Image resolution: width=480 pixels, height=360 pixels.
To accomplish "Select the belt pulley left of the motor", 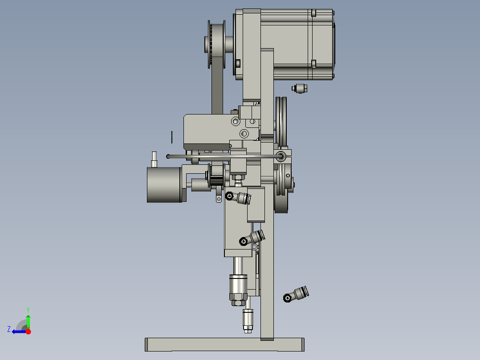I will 217,45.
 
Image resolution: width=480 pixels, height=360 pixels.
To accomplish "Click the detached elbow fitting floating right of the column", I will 296,295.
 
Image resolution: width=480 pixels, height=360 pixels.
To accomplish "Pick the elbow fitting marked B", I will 252,238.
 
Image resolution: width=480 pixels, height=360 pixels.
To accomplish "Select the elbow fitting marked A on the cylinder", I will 239,197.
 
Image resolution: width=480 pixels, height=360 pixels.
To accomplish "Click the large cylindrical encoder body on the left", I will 163,184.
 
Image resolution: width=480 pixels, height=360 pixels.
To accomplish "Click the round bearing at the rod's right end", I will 281,156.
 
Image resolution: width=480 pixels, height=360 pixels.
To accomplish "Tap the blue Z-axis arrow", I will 19,331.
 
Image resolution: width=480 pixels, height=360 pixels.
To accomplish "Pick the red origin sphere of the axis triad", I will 28,331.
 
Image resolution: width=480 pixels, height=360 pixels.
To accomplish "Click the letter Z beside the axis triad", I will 9,329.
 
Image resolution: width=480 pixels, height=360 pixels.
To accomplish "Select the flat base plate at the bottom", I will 225,344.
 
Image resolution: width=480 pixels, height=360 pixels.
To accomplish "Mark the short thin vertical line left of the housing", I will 172,137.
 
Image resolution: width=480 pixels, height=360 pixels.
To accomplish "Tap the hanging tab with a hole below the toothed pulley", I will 218,198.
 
